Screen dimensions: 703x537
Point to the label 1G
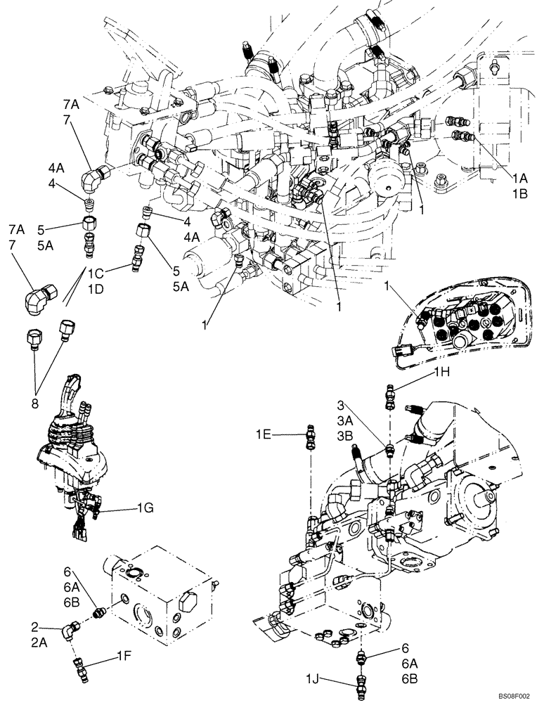tap(146, 507)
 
